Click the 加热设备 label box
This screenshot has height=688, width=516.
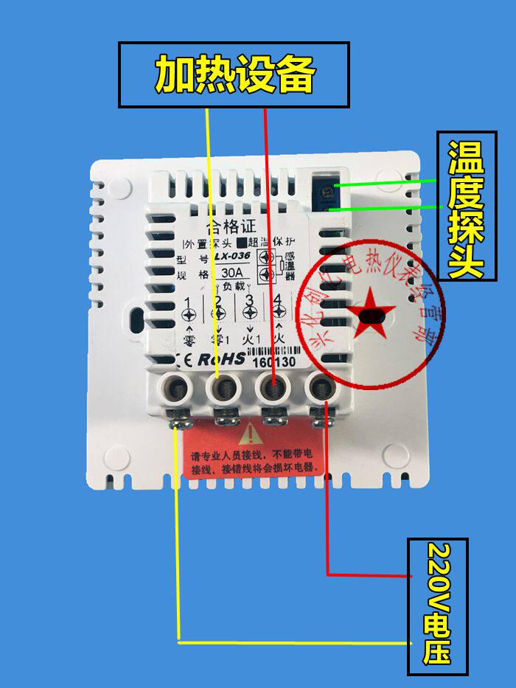(234, 74)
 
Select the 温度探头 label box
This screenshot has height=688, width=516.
(462, 206)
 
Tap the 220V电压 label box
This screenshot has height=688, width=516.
(437, 605)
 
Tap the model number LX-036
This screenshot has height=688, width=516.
(231, 257)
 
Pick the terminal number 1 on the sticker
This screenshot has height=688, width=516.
(189, 300)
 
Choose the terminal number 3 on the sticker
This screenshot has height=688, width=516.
(249, 300)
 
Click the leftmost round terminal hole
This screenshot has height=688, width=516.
(178, 386)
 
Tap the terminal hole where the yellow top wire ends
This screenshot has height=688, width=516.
(223, 386)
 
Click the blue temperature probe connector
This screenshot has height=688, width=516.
(325, 193)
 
